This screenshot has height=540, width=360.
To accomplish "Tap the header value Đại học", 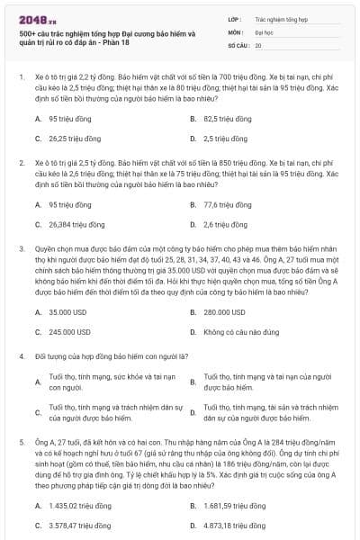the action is pyautogui.click(x=264, y=31).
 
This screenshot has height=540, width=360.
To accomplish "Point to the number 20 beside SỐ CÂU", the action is pyautogui.click(x=258, y=44).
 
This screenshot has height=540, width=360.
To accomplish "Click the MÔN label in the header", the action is pyautogui.click(x=235, y=31).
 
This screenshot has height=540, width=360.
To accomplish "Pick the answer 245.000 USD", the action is pyautogui.click(x=68, y=331).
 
